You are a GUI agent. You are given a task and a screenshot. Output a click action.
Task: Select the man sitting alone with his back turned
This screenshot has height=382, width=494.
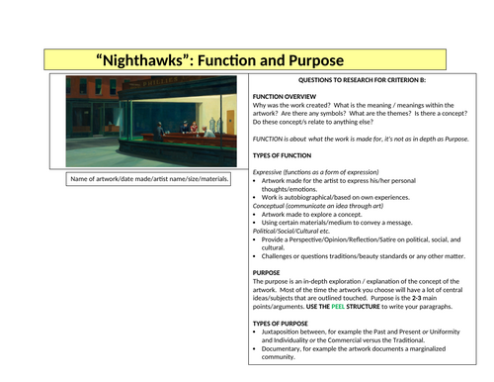[x=157, y=129]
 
